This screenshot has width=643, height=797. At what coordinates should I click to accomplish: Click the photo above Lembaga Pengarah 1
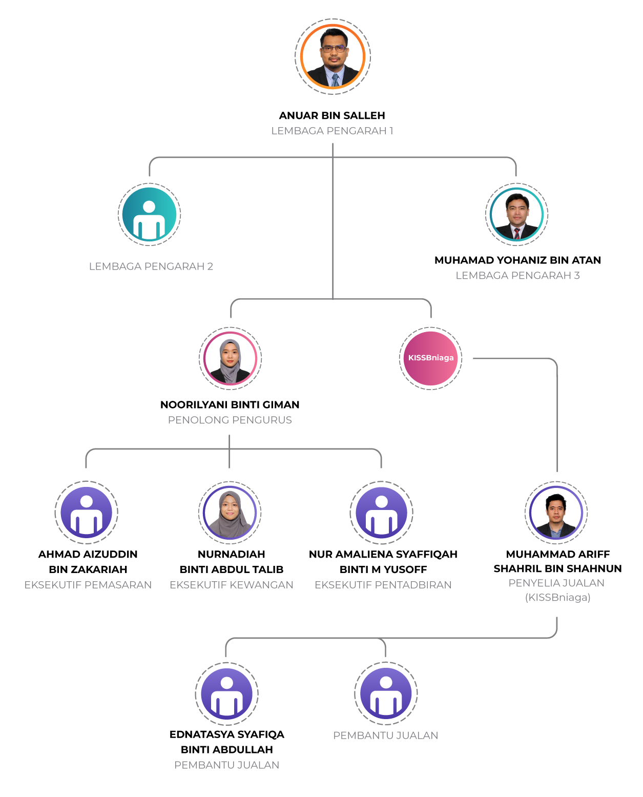[x=333, y=57]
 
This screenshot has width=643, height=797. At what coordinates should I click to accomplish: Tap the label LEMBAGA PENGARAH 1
[x=332, y=131]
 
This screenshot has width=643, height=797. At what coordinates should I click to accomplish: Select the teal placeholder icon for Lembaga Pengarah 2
[x=150, y=215]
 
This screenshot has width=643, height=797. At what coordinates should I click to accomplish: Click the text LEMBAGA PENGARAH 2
[x=151, y=267]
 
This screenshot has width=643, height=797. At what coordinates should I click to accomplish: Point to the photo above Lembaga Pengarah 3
[x=516, y=215]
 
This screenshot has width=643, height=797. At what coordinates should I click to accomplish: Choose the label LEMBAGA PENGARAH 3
[x=517, y=276]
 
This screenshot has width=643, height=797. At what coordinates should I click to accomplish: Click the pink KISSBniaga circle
[x=430, y=358]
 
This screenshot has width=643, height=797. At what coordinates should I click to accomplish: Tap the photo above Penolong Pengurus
[x=230, y=358]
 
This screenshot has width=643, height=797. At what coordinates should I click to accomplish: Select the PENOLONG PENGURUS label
[x=230, y=420]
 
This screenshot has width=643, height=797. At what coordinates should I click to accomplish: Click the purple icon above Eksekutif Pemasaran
[x=87, y=512]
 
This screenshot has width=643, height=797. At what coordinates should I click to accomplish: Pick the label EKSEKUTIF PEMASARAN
[x=88, y=585]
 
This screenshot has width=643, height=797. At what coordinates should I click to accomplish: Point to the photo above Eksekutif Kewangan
[x=230, y=513]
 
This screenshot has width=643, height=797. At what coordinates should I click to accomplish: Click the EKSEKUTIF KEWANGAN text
[x=232, y=585]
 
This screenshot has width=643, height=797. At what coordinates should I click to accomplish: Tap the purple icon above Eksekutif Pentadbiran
[x=381, y=512]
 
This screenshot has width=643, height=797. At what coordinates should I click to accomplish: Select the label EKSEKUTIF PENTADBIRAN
[x=383, y=585]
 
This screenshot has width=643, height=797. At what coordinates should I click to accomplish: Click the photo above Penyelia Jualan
[x=556, y=513]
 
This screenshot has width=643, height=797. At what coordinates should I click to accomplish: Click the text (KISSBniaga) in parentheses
[x=557, y=598]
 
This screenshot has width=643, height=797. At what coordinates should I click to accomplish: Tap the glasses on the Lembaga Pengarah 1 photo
[x=334, y=49]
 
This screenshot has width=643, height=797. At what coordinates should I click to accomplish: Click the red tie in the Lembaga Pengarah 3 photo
[x=517, y=234]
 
